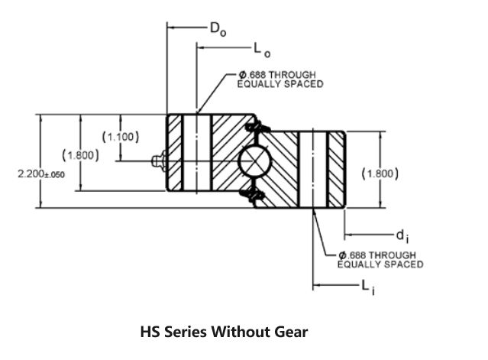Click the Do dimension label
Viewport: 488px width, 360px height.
218,28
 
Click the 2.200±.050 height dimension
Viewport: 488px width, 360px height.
40,174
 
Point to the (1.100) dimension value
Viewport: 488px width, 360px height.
120,137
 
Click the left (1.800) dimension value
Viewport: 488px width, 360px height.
80,155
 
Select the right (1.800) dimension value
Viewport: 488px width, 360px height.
380,174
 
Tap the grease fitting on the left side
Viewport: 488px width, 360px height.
158,161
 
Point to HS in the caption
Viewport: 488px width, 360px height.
150,332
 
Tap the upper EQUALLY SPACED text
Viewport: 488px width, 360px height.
280,84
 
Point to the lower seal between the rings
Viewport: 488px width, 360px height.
255,197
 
